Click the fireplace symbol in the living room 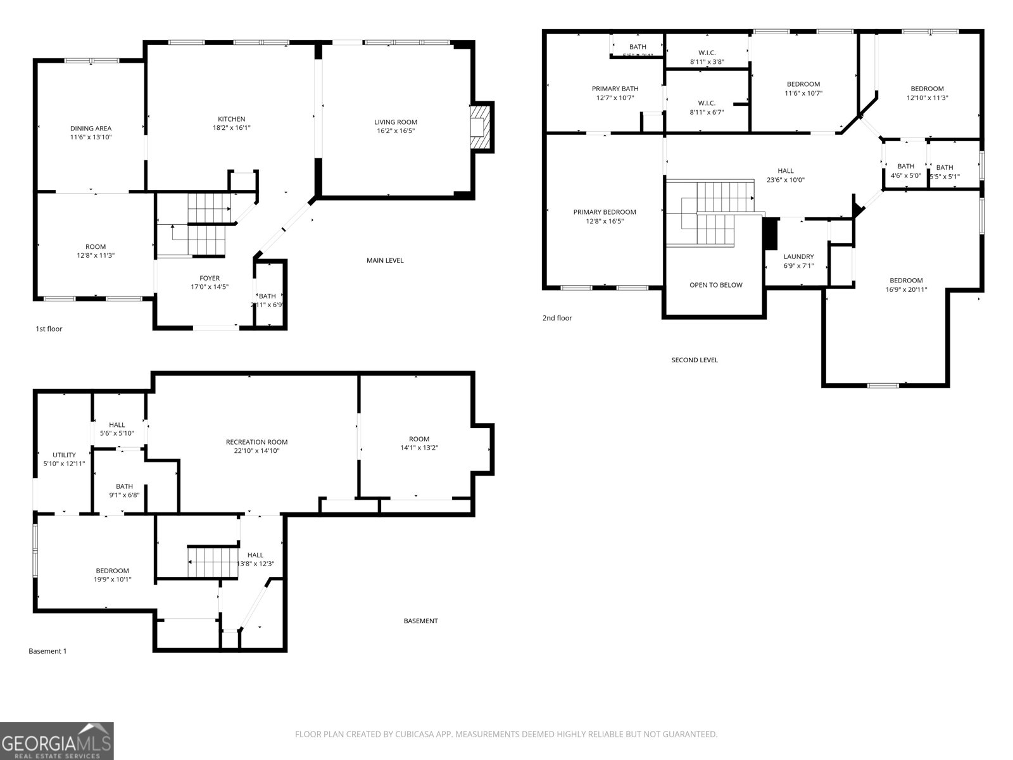[482, 127]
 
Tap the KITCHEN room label [231, 119]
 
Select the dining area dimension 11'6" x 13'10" [91, 137]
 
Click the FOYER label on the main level [210, 278]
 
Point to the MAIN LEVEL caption [384, 260]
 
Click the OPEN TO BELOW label [715, 285]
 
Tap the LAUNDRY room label [798, 257]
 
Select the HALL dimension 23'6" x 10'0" [785, 180]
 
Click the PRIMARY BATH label [615, 89]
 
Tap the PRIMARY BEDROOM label [605, 212]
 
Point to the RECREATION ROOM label [256, 442]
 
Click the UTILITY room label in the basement [64, 455]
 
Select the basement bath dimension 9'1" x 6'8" [124, 495]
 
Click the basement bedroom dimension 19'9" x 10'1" [112, 579]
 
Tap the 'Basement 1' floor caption [47, 651]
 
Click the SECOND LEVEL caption [694, 360]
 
